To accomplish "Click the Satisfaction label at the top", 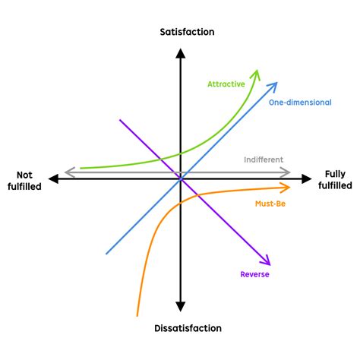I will point(187,32).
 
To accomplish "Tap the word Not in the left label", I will point(27,173).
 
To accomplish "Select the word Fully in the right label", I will point(335,173).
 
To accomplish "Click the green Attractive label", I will point(226,84).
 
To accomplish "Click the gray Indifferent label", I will point(264,159).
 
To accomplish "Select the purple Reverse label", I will point(254,274).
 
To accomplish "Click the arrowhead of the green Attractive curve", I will point(257,73).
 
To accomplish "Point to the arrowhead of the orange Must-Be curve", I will point(286,187).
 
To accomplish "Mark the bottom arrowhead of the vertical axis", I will point(180,307).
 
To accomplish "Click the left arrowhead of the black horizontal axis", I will point(52,178).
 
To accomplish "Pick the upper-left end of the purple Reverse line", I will point(120,119).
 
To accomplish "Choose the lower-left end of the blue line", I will point(106,253).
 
